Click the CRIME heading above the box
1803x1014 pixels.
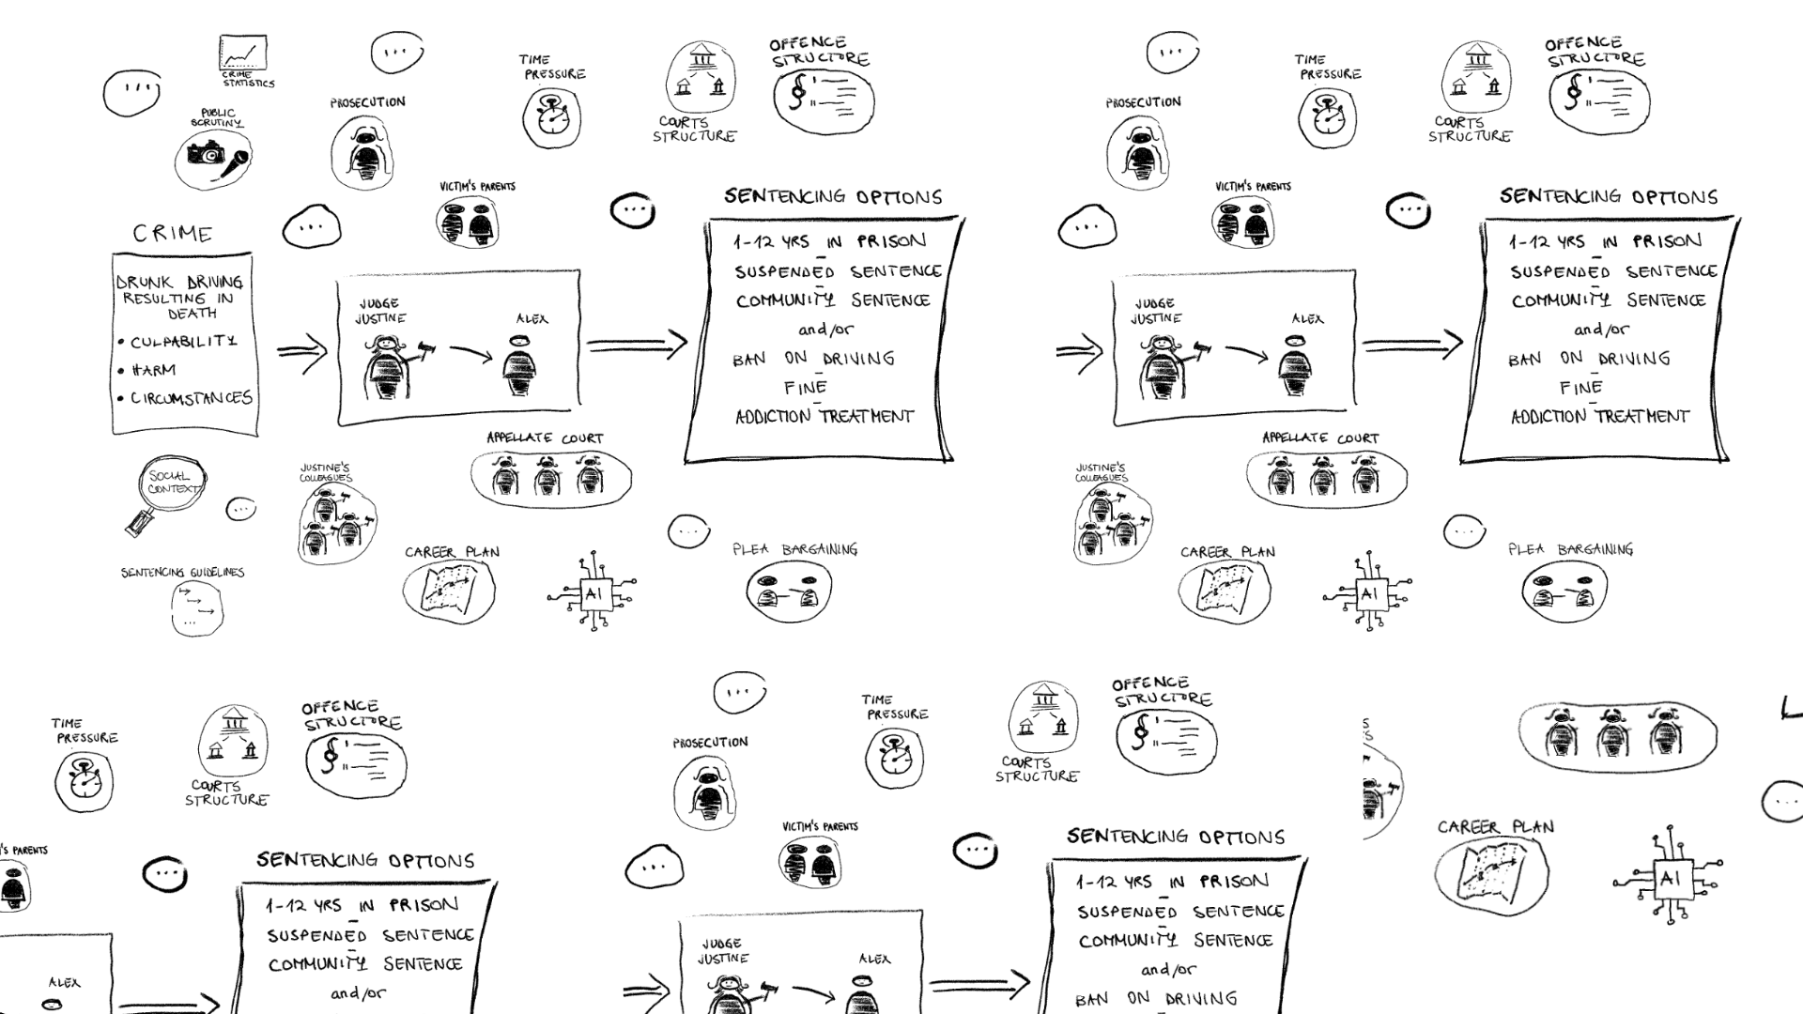pos(173,233)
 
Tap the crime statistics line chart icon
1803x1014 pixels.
pos(243,53)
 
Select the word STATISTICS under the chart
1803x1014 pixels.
pos(249,84)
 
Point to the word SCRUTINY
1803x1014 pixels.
pos(217,123)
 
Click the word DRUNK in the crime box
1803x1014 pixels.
pos(144,283)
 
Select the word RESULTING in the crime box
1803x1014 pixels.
pos(164,299)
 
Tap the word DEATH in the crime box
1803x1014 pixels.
pos(193,314)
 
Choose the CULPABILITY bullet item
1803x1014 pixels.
pos(184,342)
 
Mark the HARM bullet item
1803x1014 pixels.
pos(154,370)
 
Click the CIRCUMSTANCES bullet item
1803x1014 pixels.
pos(191,398)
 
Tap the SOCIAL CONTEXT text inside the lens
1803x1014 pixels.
pos(172,483)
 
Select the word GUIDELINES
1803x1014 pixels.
pos(216,573)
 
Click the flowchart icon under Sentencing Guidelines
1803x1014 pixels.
pos(197,608)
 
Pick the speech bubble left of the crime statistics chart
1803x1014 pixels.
pos(131,92)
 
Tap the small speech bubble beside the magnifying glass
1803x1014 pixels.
pos(240,509)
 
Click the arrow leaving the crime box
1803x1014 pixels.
pos(301,352)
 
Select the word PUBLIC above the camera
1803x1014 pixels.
pos(218,113)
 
